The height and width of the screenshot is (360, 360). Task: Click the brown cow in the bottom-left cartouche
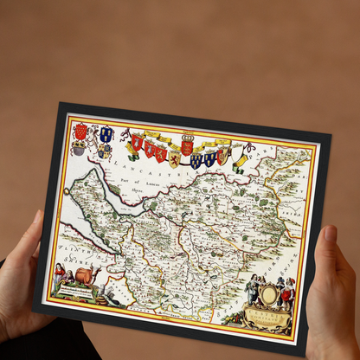pyautogui.click(x=86, y=277)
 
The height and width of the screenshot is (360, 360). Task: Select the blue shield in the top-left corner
pyautogui.click(x=106, y=134)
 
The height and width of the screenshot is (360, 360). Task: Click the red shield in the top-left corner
pyautogui.click(x=82, y=132)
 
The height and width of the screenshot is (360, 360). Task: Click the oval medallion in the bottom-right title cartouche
pyautogui.click(x=271, y=295)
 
